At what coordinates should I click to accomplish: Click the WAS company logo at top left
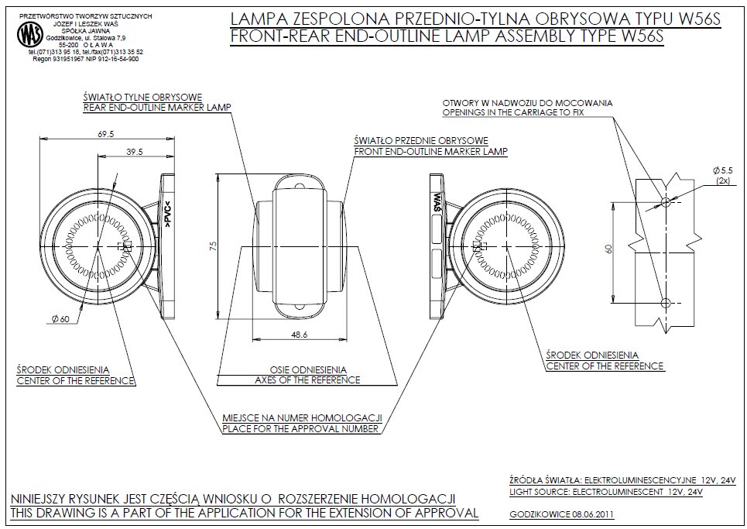(x=29, y=34)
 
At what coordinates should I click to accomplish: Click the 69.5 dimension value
(x=106, y=134)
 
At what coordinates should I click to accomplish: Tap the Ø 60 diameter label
(x=61, y=318)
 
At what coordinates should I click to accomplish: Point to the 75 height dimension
(x=213, y=246)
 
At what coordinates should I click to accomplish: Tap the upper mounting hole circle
(x=665, y=201)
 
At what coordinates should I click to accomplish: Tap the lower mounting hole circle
(x=665, y=304)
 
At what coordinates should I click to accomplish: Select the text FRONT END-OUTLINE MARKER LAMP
(x=430, y=152)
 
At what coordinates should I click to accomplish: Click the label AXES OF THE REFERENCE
(x=307, y=380)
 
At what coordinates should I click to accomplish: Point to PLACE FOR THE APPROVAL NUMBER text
(x=300, y=428)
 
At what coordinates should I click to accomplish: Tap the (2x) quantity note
(x=723, y=180)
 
